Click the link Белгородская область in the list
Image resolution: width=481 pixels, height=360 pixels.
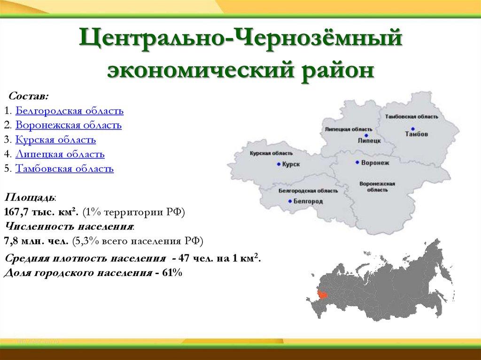pos(70,110)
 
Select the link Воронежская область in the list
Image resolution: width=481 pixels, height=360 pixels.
pos(69,125)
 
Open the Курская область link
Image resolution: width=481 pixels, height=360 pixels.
pos(55,139)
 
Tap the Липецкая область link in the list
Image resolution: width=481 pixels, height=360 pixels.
pos(60,154)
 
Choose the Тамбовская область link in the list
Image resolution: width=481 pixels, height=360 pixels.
pos(64,169)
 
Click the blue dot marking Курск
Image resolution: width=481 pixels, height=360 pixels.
pos(279,164)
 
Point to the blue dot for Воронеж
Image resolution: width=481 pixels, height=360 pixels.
pos(357,162)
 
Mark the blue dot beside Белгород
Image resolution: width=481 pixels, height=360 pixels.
pos(290,201)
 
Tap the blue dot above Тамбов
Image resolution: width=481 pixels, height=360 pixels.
pos(413,129)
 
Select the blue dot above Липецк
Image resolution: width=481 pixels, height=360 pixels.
pos(366,135)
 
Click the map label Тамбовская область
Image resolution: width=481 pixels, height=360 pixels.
pos(411,117)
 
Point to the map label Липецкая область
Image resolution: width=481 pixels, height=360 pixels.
pos(349,130)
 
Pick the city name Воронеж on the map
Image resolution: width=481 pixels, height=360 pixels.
pos(375,163)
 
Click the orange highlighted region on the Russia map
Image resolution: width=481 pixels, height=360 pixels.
pos(322,295)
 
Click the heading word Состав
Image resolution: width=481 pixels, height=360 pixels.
pos(28,96)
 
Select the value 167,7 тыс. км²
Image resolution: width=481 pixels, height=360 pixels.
pos(41,212)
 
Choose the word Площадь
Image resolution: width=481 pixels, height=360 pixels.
pos(30,198)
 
